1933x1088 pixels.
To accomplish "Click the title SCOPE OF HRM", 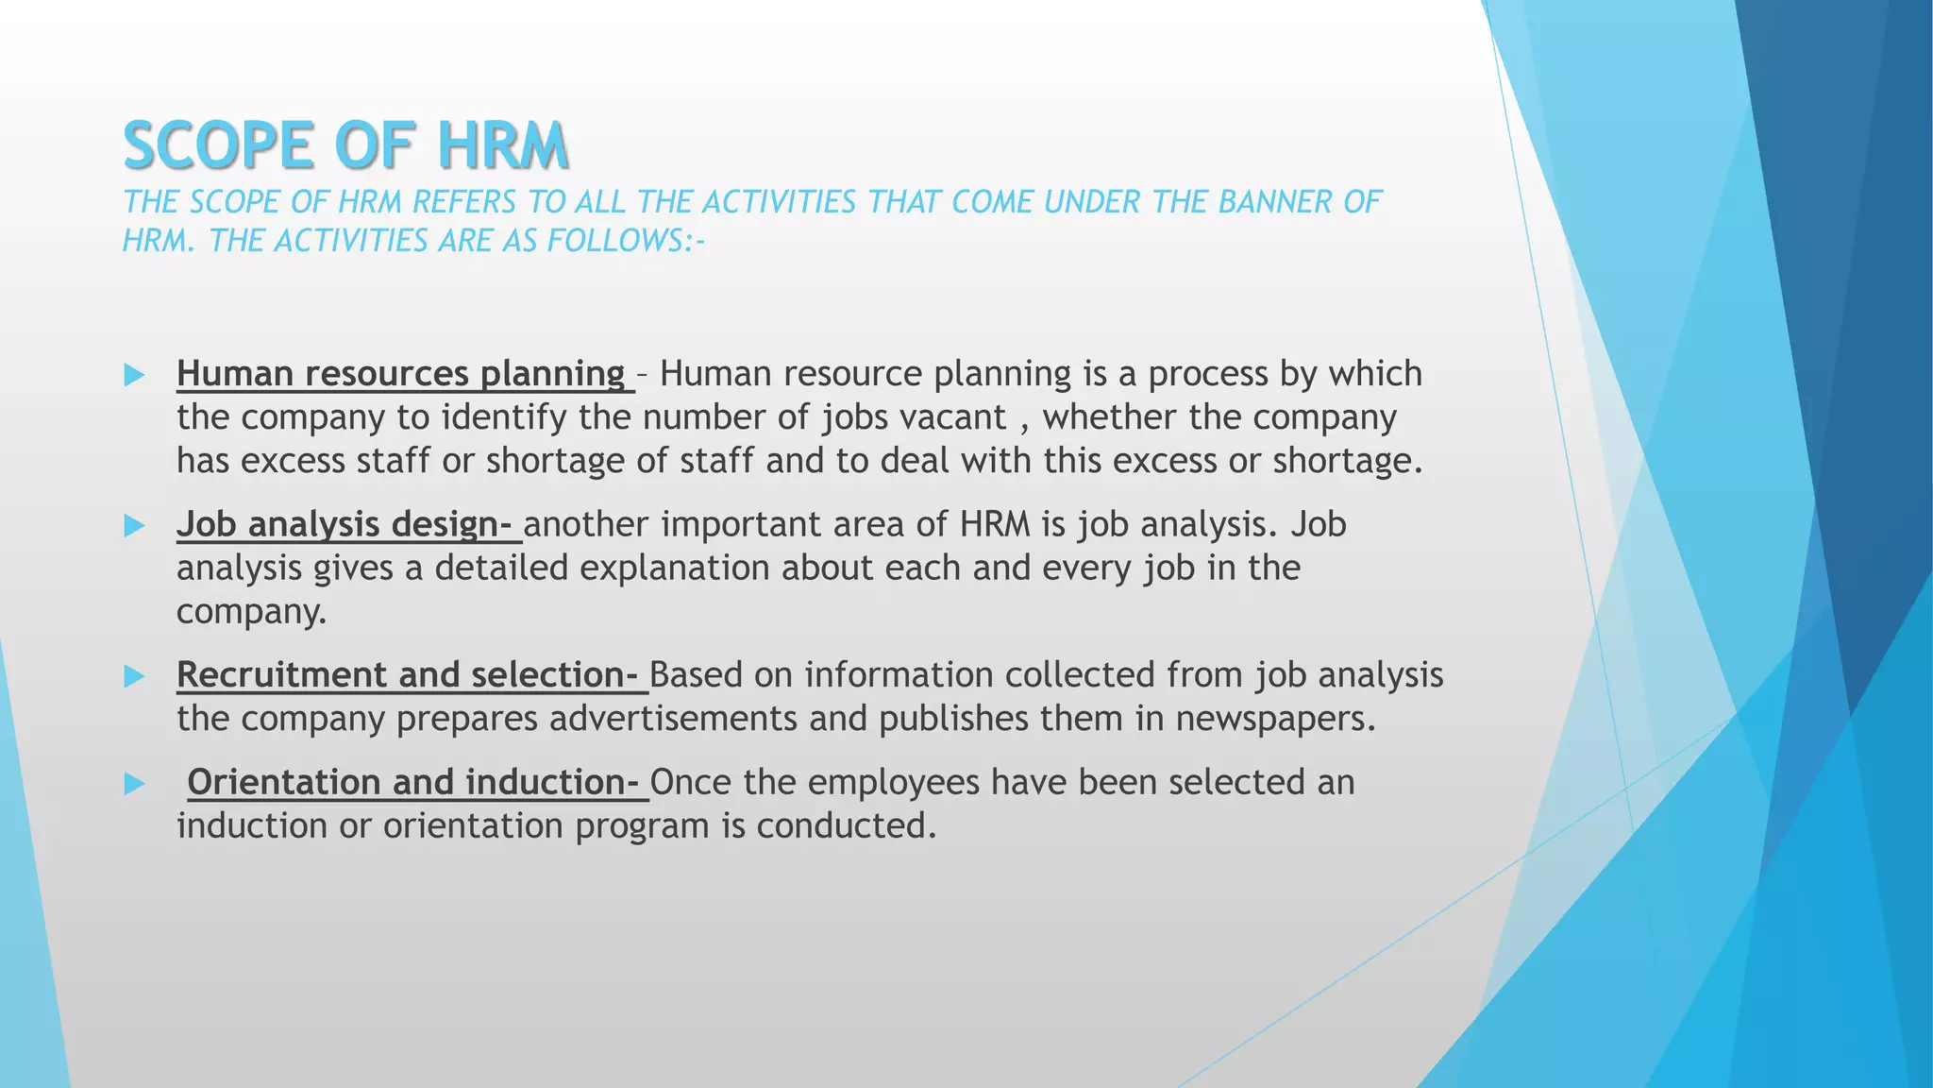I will (345, 146).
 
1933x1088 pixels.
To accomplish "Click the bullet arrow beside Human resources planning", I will (134, 375).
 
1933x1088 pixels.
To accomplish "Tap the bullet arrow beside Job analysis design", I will (134, 526).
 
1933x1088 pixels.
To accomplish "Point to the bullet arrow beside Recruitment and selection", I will (134, 676).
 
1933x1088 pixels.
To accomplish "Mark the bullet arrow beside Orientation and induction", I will (134, 784).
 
